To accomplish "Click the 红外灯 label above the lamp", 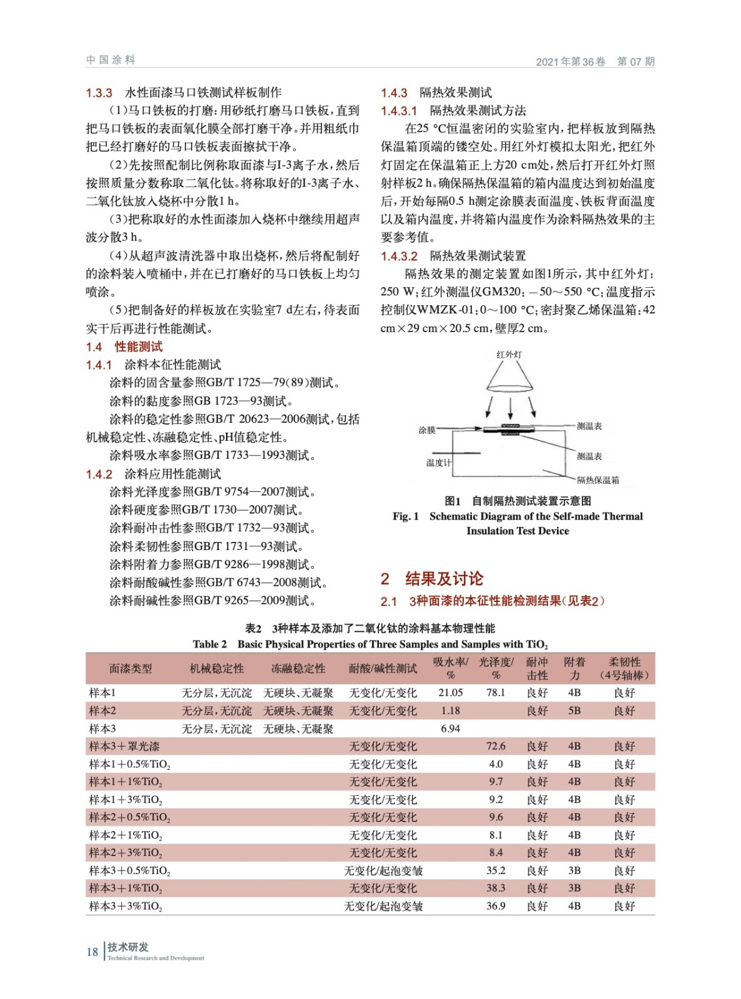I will [x=509, y=355].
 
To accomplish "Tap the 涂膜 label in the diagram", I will [x=427, y=430].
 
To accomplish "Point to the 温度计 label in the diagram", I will [x=438, y=463].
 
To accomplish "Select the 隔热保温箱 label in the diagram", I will [x=598, y=480].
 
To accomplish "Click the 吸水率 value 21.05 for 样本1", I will [x=450, y=692].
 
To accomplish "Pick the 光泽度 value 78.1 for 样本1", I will [x=496, y=692].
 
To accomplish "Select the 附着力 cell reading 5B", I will [x=574, y=711].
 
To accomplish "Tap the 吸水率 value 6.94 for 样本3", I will [x=450, y=729].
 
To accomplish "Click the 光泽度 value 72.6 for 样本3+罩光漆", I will [x=496, y=746].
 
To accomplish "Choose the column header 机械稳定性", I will [x=217, y=669].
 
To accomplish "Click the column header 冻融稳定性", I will [x=298, y=669].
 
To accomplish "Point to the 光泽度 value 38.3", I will [x=496, y=888].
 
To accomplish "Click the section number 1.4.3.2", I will [x=399, y=256].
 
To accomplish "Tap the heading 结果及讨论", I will [x=444, y=579].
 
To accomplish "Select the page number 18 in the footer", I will [x=92, y=952].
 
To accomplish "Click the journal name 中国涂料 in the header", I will [x=110, y=60].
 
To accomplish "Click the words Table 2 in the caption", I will [x=210, y=644].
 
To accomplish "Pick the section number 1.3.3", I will [x=99, y=93].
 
